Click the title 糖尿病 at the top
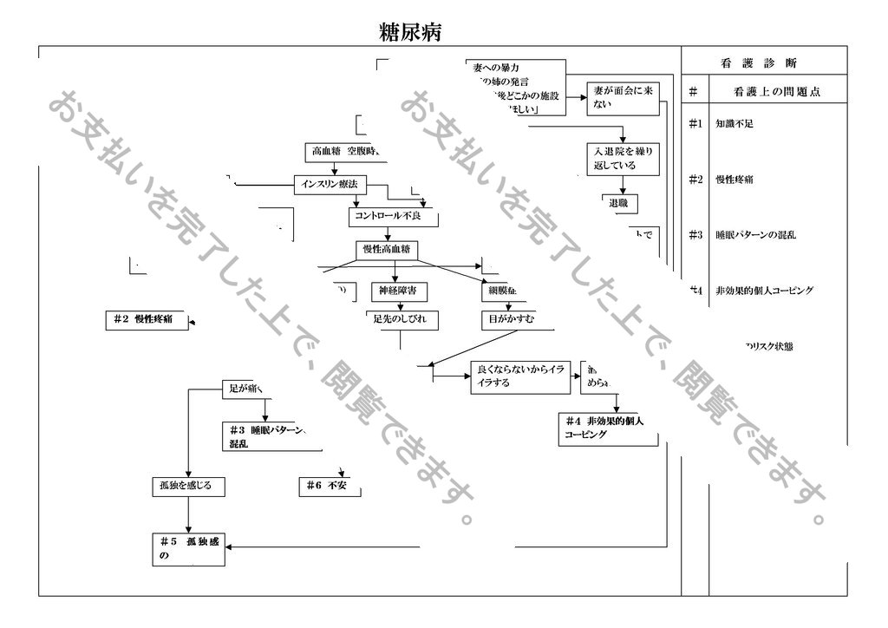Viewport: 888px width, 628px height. [411, 33]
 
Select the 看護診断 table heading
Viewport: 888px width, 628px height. [760, 62]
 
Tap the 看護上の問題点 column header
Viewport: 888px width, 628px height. [776, 91]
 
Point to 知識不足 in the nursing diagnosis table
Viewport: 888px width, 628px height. [734, 123]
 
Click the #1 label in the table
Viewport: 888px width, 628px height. [695, 123]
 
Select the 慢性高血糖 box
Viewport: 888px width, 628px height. [386, 250]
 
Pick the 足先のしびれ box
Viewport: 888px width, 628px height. [400, 319]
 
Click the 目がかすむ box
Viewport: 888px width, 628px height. [508, 319]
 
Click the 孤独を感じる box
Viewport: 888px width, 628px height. [186, 485]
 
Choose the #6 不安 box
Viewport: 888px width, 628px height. [327, 485]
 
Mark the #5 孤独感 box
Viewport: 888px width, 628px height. [188, 548]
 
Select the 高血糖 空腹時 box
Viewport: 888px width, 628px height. [345, 151]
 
